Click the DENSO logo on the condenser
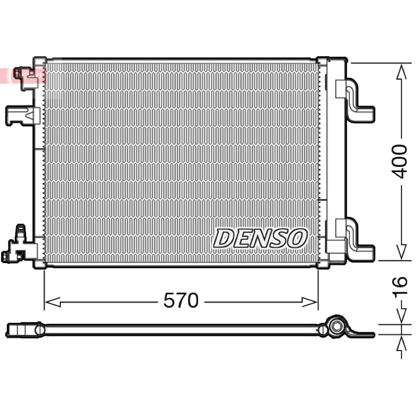click(260, 238)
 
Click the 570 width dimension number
click(181, 301)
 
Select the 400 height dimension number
click(400, 161)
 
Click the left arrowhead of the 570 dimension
click(53, 302)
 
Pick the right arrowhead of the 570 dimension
click(309, 302)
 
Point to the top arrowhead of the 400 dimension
click(401, 72)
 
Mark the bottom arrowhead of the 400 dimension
click(401, 252)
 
